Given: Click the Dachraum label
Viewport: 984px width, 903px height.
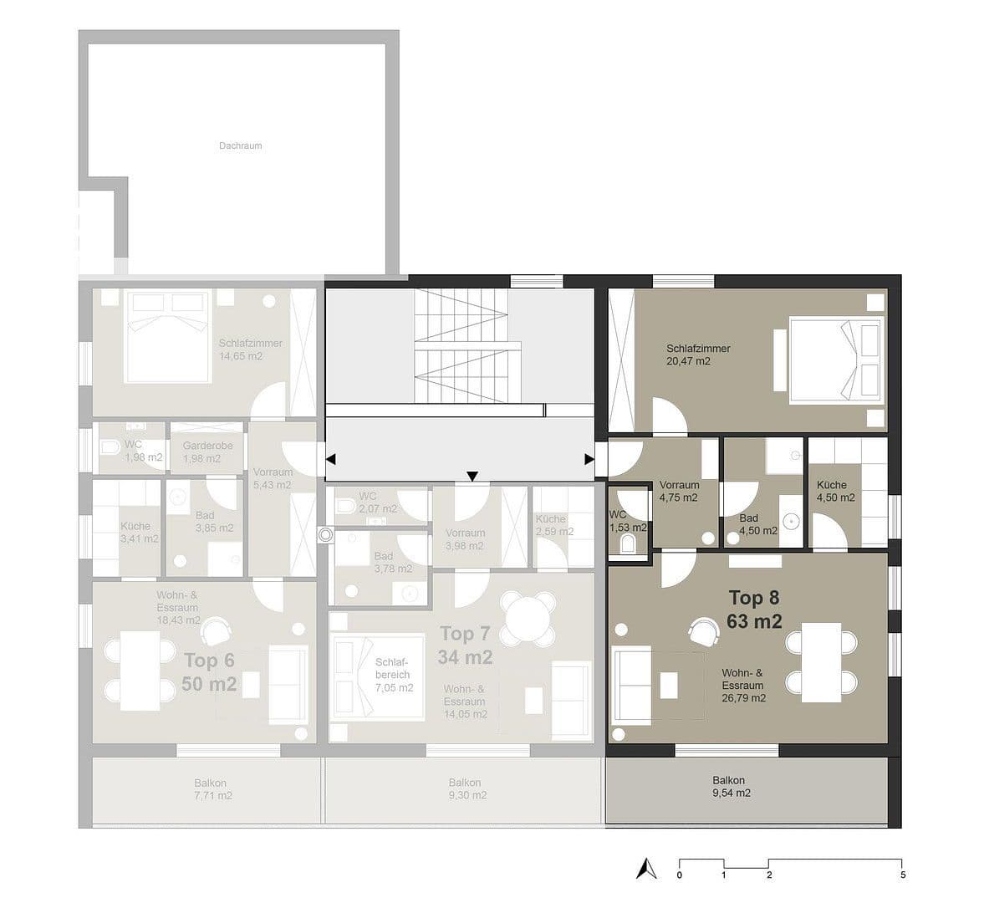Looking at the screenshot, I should [240, 145].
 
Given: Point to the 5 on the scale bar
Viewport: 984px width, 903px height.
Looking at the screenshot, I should [901, 875].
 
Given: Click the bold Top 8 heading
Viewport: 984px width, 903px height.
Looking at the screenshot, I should [753, 598].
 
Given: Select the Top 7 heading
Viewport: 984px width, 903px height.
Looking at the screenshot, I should [464, 634].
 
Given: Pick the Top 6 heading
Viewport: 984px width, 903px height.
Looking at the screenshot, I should [209, 661].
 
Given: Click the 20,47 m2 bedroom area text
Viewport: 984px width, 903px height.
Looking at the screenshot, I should [688, 361].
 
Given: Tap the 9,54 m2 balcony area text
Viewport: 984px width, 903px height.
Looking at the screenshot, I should [728, 793].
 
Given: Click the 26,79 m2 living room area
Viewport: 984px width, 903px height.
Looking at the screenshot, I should [743, 697].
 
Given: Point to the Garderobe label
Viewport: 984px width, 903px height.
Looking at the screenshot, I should [207, 446].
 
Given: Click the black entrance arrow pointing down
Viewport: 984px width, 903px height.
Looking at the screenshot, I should [472, 477].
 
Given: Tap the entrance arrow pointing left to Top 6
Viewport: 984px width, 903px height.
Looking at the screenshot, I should [331, 459].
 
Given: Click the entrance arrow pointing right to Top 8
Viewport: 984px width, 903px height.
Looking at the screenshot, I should [589, 459].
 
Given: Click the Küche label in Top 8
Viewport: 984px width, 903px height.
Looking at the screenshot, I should [832, 485].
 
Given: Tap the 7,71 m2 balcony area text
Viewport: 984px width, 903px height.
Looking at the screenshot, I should [212, 795].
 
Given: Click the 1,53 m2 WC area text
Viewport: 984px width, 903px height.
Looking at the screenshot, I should [627, 528].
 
